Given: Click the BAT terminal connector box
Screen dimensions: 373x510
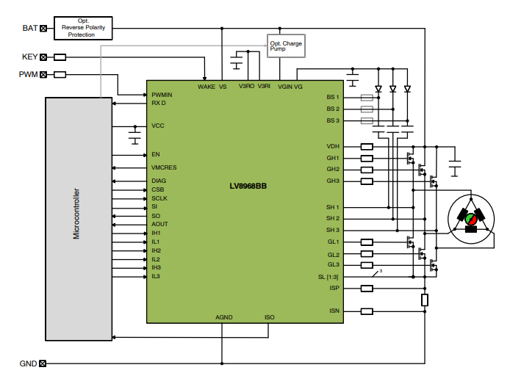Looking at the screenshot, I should (43, 29).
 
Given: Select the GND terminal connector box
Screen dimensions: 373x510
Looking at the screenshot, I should (43, 363).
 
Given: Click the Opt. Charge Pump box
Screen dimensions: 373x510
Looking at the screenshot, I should (285, 46).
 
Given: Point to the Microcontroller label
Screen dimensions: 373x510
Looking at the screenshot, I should (76, 214).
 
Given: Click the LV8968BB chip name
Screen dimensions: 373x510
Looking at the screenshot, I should (248, 186).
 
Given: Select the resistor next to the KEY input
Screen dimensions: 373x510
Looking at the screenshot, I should (60, 57).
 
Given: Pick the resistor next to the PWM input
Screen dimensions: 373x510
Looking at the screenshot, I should (60, 74).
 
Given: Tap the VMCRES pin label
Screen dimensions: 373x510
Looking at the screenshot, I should (164, 167).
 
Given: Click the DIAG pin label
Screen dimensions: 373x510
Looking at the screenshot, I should (159, 181).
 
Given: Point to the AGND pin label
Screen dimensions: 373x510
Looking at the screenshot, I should (224, 317).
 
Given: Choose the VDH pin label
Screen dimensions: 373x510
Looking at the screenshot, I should (333, 146).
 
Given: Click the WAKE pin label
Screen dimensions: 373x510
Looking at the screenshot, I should (206, 87).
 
